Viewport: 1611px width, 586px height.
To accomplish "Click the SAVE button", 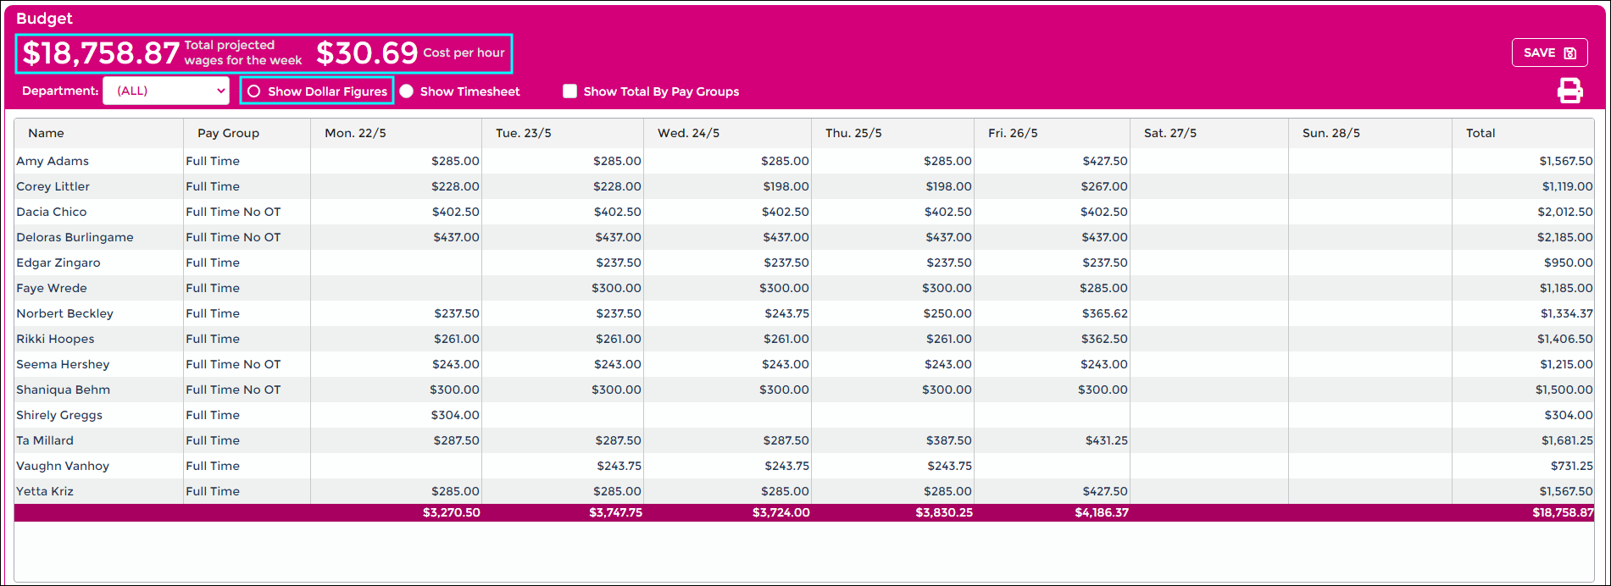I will pyautogui.click(x=1549, y=53).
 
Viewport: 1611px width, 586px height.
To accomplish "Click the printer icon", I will pyautogui.click(x=1569, y=91).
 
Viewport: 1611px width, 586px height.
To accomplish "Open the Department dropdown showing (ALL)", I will pyautogui.click(x=166, y=91).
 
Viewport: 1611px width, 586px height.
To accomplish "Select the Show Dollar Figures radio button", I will pyautogui.click(x=254, y=91).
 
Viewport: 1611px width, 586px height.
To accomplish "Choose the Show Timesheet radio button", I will pyautogui.click(x=407, y=91).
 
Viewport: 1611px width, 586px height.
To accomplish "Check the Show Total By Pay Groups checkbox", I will pyautogui.click(x=570, y=91).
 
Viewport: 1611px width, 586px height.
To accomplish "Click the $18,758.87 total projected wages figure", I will pyautogui.click(x=101, y=53).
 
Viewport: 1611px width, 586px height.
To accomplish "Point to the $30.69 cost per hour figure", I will pyautogui.click(x=367, y=53).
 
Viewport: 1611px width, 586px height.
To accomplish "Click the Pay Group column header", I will pyautogui.click(x=228, y=133).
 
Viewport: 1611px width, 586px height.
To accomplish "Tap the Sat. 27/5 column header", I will pyautogui.click(x=1170, y=133).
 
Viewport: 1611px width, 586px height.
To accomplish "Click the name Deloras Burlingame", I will pyautogui.click(x=75, y=237).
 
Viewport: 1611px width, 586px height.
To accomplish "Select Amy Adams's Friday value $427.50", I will pyautogui.click(x=1104, y=161).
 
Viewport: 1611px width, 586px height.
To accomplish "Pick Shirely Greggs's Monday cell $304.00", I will pyautogui.click(x=456, y=415).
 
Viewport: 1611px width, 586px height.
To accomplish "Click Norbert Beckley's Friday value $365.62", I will pyautogui.click(x=1104, y=313).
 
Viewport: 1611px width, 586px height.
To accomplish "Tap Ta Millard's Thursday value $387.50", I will pyautogui.click(x=948, y=440).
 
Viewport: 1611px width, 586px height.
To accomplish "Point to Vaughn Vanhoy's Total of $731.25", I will pyautogui.click(x=1566, y=466).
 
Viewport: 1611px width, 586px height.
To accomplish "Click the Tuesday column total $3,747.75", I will pyautogui.click(x=615, y=512).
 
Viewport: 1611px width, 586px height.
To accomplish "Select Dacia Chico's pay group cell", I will pyautogui.click(x=233, y=212).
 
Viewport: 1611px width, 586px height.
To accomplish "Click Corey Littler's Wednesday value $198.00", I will pyautogui.click(x=785, y=186).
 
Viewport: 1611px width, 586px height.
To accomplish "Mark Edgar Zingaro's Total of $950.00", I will pyautogui.click(x=1568, y=263).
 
